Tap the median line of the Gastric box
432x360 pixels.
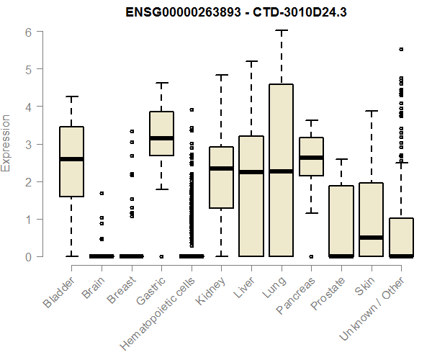click(161, 138)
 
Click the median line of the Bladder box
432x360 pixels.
click(71, 158)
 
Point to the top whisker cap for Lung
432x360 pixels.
click(281, 31)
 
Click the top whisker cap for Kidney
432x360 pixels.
click(221, 75)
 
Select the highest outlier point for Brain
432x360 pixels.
click(102, 193)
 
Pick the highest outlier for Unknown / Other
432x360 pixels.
click(401, 49)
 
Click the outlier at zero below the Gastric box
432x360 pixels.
click(161, 256)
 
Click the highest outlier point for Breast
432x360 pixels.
click(132, 131)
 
